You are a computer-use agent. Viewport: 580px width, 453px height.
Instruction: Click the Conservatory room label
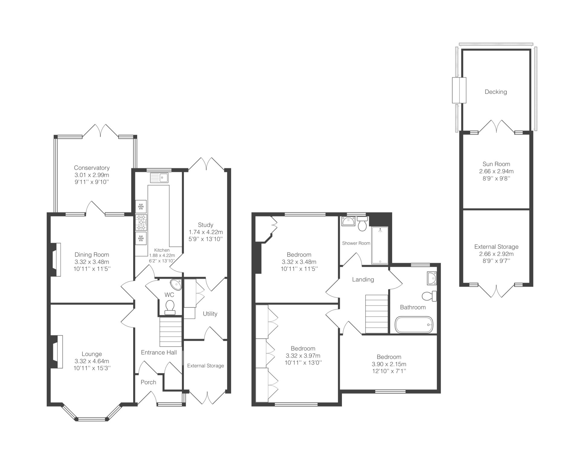[x=92, y=168]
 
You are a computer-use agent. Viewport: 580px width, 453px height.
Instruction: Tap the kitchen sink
[x=159, y=178]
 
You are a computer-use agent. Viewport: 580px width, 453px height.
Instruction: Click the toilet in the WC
[x=170, y=307]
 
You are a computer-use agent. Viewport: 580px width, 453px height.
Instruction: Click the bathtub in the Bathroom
[x=414, y=324]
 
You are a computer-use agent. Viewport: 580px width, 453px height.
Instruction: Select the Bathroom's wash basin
[x=432, y=278]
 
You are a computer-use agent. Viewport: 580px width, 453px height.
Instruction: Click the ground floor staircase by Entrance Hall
[x=171, y=332]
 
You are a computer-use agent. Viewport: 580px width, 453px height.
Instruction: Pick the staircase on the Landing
[x=377, y=314]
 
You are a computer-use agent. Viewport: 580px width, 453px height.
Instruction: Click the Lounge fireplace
[x=56, y=352]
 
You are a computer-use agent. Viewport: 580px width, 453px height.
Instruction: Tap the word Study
[x=205, y=225]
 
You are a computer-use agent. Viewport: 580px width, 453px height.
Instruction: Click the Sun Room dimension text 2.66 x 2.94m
[x=496, y=171]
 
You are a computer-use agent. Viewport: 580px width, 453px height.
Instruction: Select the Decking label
[x=496, y=92]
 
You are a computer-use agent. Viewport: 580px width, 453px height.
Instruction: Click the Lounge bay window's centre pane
[x=92, y=419]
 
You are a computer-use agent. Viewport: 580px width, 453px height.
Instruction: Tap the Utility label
[x=210, y=314]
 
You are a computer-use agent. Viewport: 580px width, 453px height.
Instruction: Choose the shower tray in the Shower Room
[x=380, y=245]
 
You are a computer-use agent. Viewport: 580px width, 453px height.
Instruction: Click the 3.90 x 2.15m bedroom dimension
[x=389, y=364]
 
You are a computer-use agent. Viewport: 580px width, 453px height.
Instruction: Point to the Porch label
[x=148, y=382]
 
